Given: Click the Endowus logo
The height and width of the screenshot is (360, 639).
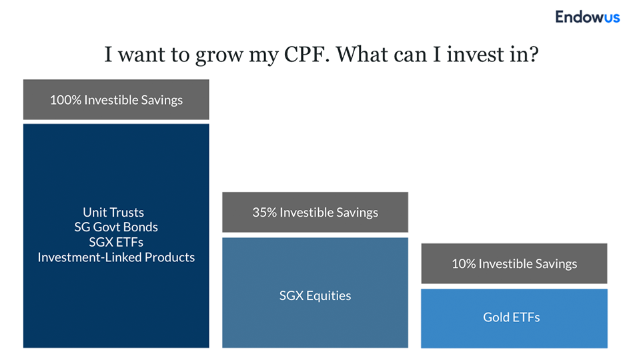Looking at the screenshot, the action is pyautogui.click(x=587, y=17).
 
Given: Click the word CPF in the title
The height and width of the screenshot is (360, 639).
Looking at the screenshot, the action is pyautogui.click(x=306, y=54).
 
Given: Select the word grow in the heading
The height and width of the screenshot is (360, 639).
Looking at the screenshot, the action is pyautogui.click(x=219, y=56).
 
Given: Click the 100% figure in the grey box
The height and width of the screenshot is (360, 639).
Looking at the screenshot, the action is pyautogui.click(x=65, y=100).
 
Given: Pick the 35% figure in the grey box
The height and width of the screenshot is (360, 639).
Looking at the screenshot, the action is pyautogui.click(x=265, y=212).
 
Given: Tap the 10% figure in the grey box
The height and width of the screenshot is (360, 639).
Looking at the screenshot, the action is pyautogui.click(x=464, y=263).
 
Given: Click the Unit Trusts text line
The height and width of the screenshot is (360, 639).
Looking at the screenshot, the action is pyautogui.click(x=113, y=212).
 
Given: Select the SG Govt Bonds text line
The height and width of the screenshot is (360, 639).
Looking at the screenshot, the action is pyautogui.click(x=116, y=227).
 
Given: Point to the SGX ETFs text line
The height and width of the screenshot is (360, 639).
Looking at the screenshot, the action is pyautogui.click(x=116, y=242).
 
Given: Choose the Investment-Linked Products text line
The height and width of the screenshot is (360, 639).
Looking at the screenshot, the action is pyautogui.click(x=116, y=257).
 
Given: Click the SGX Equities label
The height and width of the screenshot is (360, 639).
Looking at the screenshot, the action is pyautogui.click(x=315, y=295).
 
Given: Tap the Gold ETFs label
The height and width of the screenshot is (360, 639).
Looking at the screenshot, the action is pyautogui.click(x=512, y=317).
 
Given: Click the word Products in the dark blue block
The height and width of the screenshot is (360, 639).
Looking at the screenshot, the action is pyautogui.click(x=169, y=257).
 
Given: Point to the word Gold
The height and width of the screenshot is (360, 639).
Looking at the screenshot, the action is pyautogui.click(x=494, y=317).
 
